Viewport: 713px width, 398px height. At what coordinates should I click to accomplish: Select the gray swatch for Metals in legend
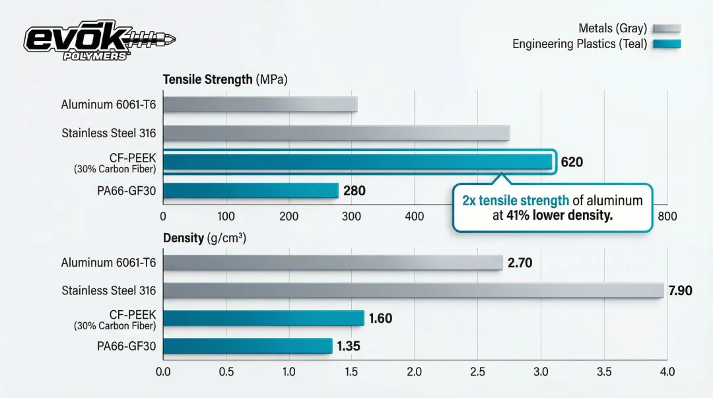click(x=666, y=28)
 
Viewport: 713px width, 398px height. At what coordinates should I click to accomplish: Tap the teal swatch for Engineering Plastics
click(x=666, y=45)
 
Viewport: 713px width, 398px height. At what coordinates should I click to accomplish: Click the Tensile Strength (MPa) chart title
click(x=225, y=79)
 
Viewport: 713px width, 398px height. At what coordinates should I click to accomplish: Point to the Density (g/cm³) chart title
click(x=209, y=238)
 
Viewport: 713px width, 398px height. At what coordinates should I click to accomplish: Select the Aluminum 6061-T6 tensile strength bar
click(x=260, y=104)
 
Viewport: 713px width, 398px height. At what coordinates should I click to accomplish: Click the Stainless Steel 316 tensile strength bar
click(x=336, y=133)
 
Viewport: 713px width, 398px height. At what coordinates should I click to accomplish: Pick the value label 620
click(x=572, y=162)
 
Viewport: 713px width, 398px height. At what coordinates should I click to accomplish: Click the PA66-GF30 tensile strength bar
click(x=250, y=191)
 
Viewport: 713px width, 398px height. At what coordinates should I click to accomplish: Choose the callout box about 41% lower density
click(x=552, y=208)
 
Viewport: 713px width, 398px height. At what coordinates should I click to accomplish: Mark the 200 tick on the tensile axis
click(x=289, y=216)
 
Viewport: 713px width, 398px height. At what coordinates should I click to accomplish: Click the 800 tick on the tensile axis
click(x=667, y=216)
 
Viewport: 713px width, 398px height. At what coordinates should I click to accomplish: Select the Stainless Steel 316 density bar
click(x=413, y=290)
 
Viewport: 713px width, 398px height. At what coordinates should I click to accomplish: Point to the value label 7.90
click(x=680, y=290)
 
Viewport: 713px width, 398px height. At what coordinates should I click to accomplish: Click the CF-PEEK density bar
click(x=263, y=318)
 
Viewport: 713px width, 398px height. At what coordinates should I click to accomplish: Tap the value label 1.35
click(x=349, y=347)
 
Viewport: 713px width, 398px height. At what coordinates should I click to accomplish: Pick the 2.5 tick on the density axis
click(x=477, y=372)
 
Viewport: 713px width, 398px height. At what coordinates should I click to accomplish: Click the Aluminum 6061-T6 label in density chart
click(x=109, y=263)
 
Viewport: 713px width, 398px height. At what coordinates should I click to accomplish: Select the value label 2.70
click(x=520, y=263)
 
